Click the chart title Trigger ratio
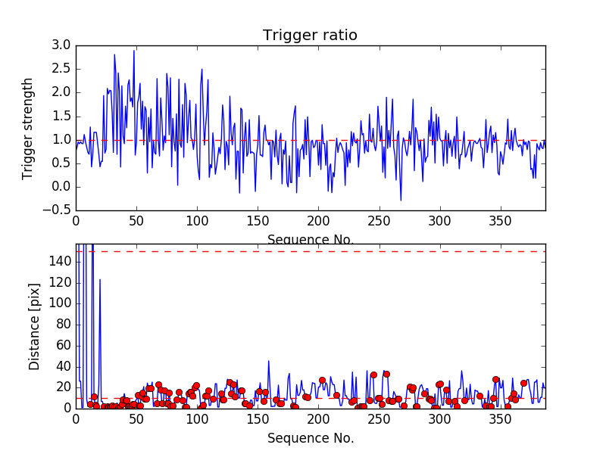[310, 36]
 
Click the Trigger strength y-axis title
[28, 128]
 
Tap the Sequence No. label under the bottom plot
[310, 438]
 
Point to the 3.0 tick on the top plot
[61, 45]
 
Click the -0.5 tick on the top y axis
[58, 210]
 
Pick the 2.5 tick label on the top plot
[61, 69]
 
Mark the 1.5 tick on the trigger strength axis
[61, 116]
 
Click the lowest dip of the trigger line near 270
[401, 200]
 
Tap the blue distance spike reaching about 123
[100, 280]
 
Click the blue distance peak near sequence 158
[268, 361]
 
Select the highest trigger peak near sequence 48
[134, 51]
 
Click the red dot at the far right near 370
[523, 383]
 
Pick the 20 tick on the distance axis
[62, 387]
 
